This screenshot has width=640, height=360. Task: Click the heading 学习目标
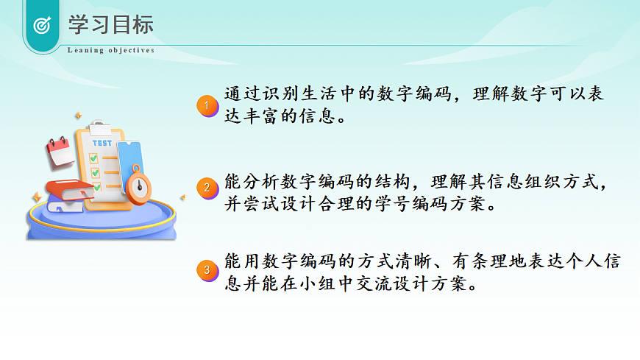click(x=111, y=24)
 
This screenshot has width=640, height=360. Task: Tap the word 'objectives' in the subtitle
click(x=132, y=51)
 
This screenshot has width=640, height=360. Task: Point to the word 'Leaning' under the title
click(x=85, y=51)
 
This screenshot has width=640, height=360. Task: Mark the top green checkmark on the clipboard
click(x=93, y=158)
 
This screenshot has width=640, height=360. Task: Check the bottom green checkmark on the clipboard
click(x=96, y=186)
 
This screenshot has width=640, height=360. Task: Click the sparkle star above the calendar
click(x=76, y=116)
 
